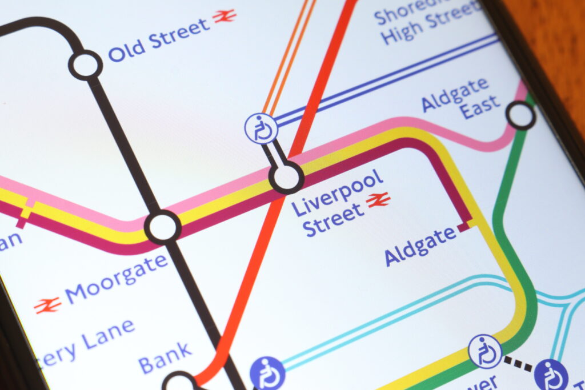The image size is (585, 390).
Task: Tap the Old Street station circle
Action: (86, 65)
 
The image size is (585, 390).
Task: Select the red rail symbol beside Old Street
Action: (225, 16)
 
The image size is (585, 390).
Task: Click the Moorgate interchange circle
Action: (163, 227)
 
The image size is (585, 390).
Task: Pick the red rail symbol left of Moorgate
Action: (47, 305)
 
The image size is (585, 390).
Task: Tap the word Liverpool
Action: (337, 192)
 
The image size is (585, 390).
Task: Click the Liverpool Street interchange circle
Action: (286, 177)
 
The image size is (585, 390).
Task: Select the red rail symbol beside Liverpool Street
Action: (378, 200)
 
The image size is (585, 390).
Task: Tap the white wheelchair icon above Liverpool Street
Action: (262, 128)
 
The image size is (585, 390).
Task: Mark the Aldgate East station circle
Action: (520, 115)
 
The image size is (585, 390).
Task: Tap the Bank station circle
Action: (179, 383)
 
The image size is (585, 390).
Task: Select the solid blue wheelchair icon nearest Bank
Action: (267, 373)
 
